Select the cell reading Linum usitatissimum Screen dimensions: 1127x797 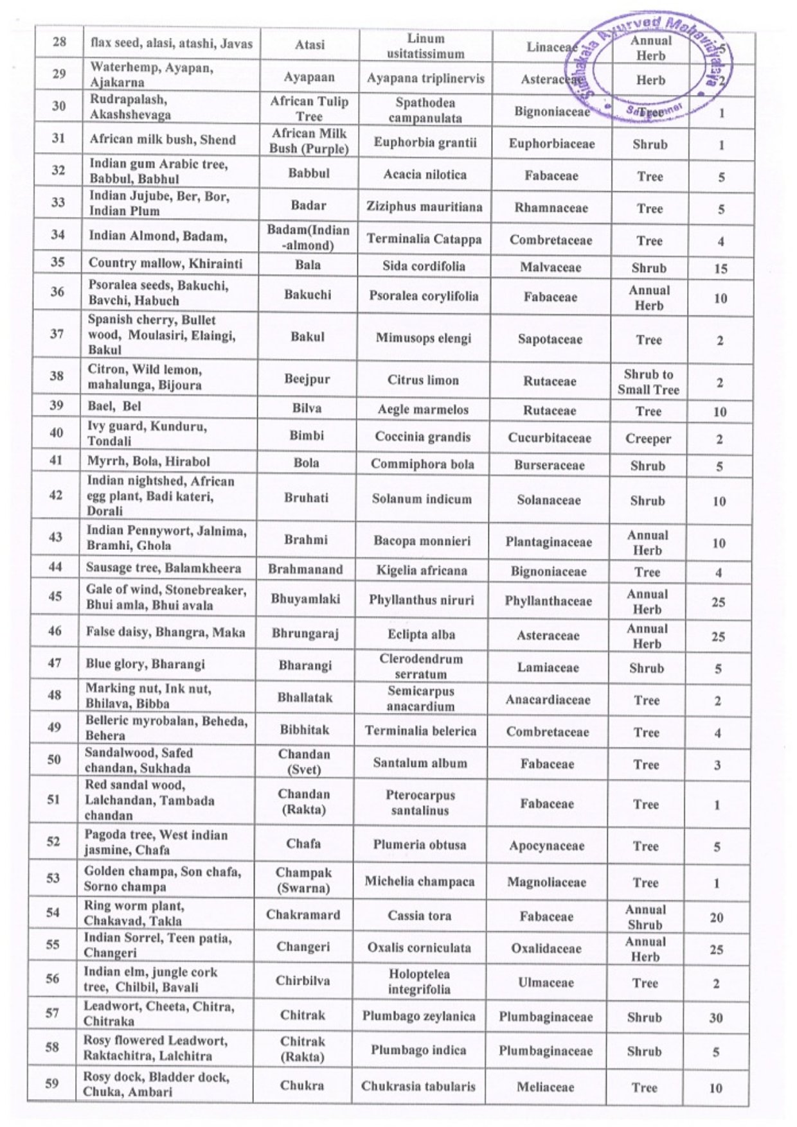coord(425,46)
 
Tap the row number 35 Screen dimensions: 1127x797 coord(58,262)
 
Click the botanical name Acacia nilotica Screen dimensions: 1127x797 coord(425,175)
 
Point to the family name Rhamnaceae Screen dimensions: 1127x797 coord(551,208)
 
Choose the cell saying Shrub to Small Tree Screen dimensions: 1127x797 coord(648,382)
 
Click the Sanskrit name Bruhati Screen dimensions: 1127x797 coord(306,498)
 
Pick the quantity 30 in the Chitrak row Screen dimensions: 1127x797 coord(716,1018)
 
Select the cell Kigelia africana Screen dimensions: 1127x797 coord(422,570)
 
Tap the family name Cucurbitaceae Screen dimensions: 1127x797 coord(550,438)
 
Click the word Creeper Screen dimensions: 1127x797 coord(648,439)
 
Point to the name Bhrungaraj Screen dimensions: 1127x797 coord(305,634)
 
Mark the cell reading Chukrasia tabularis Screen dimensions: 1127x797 coord(418,1086)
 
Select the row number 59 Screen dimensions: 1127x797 coord(52,1083)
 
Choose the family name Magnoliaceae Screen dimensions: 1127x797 coord(546,882)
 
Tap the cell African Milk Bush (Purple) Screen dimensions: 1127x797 coord(309,141)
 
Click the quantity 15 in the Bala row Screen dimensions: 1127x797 coord(721,268)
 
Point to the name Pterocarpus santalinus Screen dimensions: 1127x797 coord(420,803)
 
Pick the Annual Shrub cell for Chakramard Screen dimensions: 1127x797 coord(645,917)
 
